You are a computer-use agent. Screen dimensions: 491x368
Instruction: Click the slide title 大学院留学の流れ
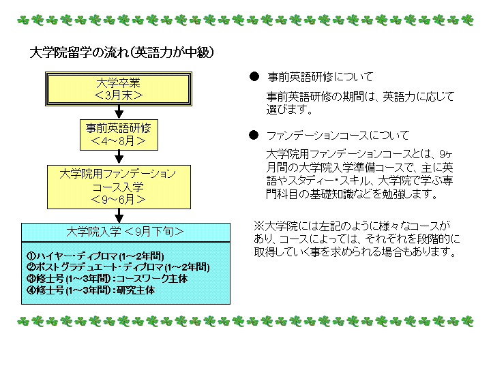point(80,52)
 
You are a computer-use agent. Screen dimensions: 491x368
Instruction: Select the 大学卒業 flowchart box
point(119,89)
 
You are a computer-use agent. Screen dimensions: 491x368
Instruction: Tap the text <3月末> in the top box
point(119,95)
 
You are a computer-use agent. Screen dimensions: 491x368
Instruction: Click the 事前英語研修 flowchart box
point(119,135)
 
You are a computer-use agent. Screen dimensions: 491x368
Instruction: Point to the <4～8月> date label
point(119,141)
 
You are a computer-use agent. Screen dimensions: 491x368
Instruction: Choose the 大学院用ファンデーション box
point(119,187)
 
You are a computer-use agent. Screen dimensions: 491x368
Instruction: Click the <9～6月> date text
point(119,199)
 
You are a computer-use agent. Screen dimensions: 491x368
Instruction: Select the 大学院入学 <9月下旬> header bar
point(125,232)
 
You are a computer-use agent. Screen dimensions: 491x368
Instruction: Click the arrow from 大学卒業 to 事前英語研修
point(119,112)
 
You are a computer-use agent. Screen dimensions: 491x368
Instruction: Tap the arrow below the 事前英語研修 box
point(119,157)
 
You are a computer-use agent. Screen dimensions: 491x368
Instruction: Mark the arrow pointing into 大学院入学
point(119,216)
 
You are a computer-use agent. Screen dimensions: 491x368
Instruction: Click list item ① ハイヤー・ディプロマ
point(95,256)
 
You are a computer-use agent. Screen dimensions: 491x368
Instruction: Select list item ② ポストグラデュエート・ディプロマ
point(118,267)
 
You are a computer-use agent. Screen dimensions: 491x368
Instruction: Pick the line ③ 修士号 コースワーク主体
point(107,279)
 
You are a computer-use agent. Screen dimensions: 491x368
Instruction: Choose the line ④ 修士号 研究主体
point(91,290)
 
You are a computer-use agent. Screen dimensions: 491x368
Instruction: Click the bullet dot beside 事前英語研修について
point(254,76)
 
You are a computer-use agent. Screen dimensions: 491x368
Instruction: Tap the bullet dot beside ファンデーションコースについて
point(254,135)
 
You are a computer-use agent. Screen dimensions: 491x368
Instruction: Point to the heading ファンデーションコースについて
point(338,136)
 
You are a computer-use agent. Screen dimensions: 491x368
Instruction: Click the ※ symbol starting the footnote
point(259,226)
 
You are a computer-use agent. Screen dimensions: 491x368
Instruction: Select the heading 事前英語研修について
point(321,77)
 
